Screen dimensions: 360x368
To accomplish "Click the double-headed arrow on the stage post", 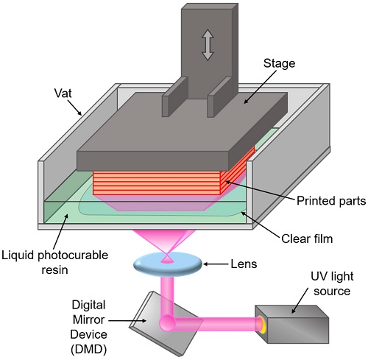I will click(208, 44).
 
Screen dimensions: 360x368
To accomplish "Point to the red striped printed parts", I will click(169, 184).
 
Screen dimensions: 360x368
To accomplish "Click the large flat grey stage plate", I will click(166, 136).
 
